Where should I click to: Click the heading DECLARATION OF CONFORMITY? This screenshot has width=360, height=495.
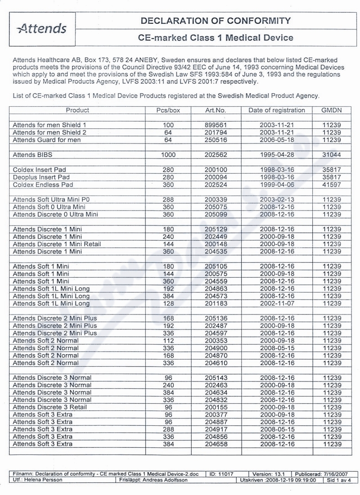pyautogui.click(x=216, y=21)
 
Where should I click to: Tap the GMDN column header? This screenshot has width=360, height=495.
pyautogui.click(x=332, y=110)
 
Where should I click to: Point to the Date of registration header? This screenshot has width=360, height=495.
pyautogui.click(x=276, y=110)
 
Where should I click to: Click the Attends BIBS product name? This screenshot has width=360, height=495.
pyautogui.click(x=32, y=154)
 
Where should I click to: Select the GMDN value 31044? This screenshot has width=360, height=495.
pyautogui.click(x=332, y=154)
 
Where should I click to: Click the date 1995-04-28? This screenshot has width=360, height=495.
pyautogui.click(x=276, y=154)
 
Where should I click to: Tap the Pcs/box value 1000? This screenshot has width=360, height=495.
pyautogui.click(x=167, y=154)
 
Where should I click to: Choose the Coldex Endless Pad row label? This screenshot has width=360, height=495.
pyautogui.click(x=43, y=184)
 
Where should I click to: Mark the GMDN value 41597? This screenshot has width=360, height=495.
pyautogui.click(x=332, y=184)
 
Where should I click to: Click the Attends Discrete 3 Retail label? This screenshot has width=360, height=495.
pyautogui.click(x=50, y=407)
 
